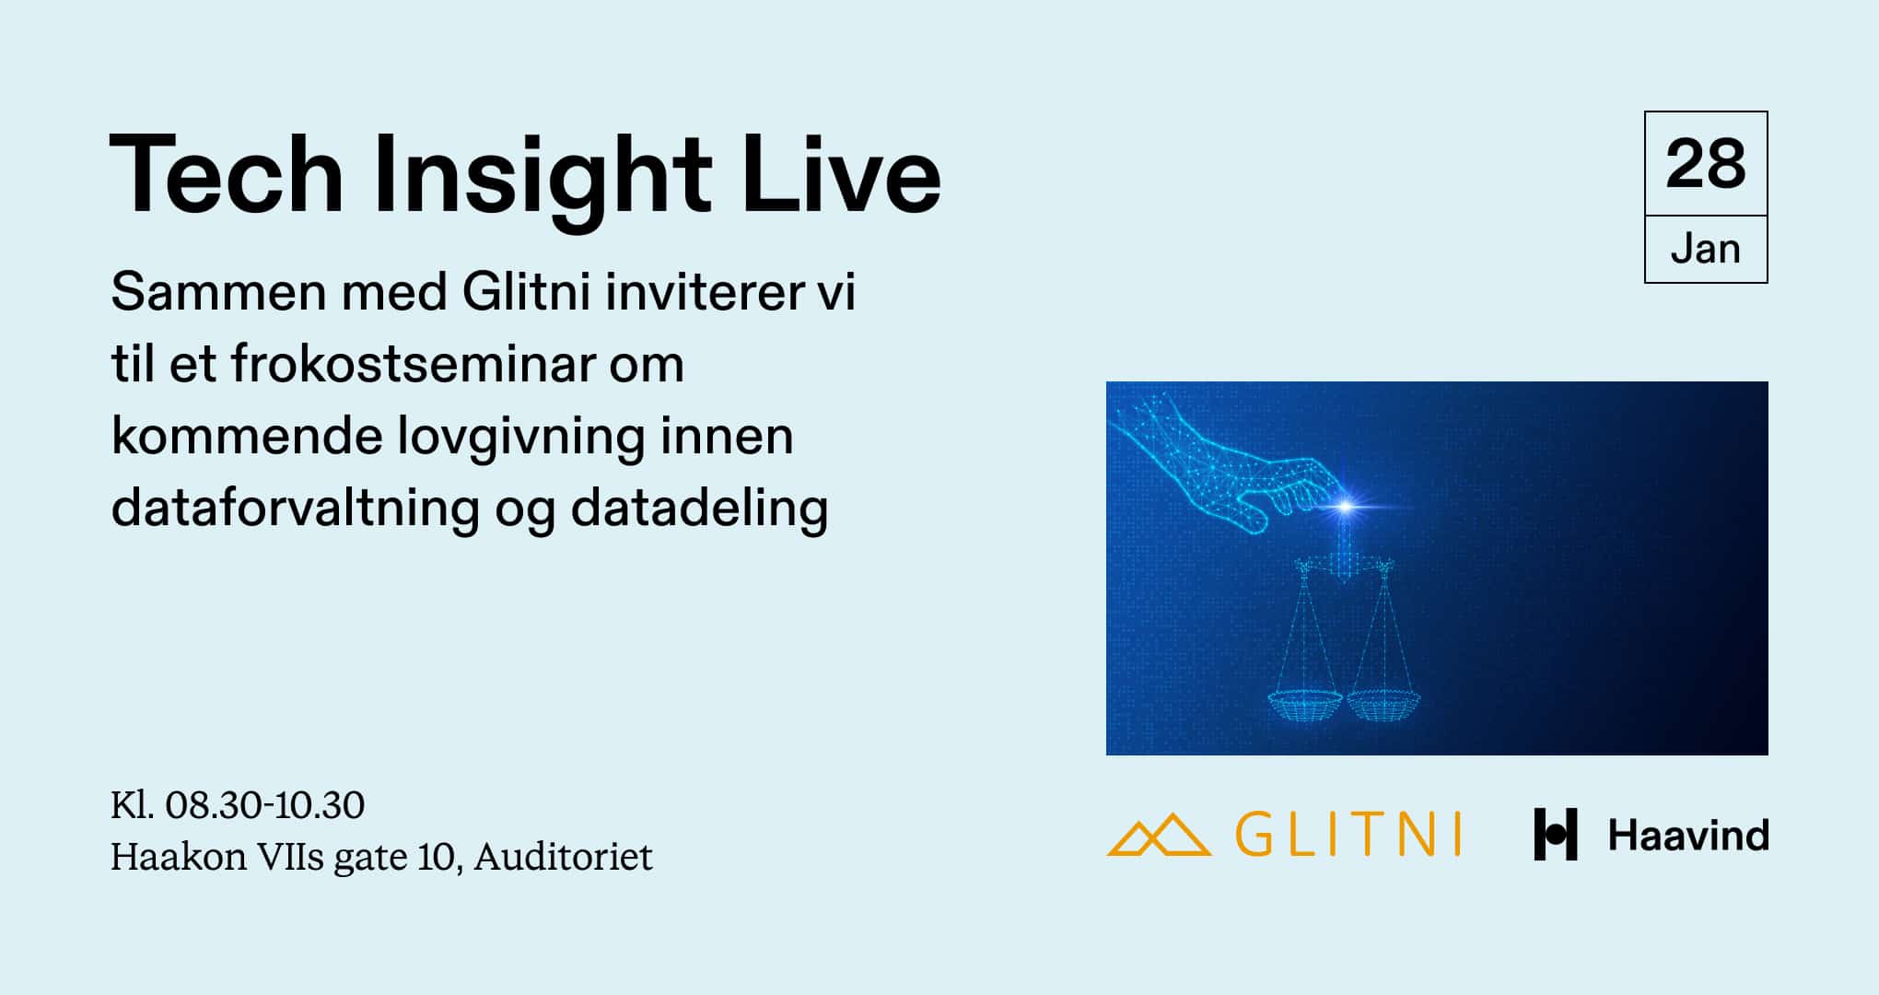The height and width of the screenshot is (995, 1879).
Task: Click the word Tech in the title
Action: [x=227, y=175]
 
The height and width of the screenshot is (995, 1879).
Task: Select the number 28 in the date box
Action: [x=1705, y=165]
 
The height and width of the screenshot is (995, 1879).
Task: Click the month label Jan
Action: [x=1705, y=250]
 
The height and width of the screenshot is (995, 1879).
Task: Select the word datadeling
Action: [x=699, y=508]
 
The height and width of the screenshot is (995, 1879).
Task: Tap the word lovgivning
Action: [x=520, y=436]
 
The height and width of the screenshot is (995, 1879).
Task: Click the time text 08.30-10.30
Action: [x=264, y=805]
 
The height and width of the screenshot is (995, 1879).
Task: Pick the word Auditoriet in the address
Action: [x=563, y=857]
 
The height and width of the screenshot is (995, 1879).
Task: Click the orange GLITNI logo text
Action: [x=1348, y=835]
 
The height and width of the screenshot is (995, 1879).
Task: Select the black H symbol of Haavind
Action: [x=1555, y=835]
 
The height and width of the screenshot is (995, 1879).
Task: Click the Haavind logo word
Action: [x=1687, y=836]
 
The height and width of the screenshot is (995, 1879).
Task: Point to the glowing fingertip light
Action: [x=1346, y=506]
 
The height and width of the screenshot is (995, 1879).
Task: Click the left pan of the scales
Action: [x=1304, y=706]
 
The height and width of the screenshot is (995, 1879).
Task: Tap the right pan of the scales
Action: [x=1383, y=705]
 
